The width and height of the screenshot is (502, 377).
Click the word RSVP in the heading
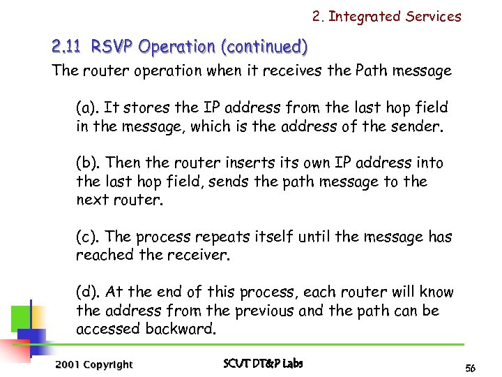point(112,47)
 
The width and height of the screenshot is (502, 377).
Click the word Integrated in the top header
point(366,16)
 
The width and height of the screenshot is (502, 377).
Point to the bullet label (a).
point(87,108)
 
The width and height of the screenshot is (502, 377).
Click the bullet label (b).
point(87,163)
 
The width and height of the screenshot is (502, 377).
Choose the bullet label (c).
point(87,237)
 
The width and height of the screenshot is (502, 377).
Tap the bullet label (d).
point(87,292)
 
